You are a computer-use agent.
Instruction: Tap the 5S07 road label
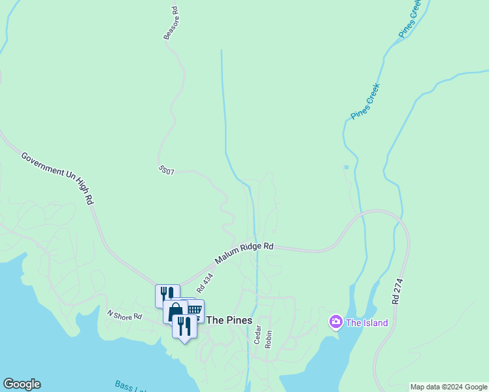pos(166,170)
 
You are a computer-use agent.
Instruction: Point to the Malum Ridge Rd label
pos(244,252)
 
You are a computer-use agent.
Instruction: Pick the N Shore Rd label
pos(124,316)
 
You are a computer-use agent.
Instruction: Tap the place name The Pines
pos(229,320)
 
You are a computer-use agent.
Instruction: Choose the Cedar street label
pos(258,335)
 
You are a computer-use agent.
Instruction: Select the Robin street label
pos(268,338)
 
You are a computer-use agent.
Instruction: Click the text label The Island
pos(367,323)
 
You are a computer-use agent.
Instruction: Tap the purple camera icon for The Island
pos(335,321)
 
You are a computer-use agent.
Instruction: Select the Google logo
pos(22,384)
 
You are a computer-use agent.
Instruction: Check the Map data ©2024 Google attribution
pos(448,387)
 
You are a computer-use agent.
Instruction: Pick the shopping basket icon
pos(195,309)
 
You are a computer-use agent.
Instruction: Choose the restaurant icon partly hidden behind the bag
pos(166,295)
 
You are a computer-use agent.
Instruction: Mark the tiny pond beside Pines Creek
pos(346,167)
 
